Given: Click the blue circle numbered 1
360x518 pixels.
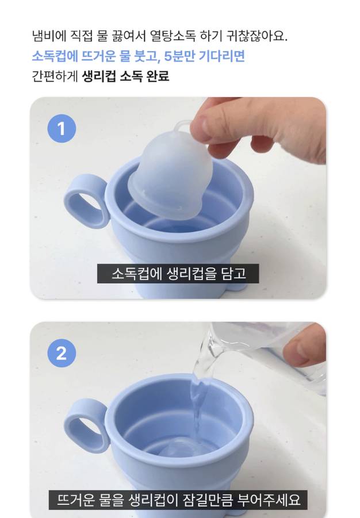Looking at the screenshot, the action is point(62,129).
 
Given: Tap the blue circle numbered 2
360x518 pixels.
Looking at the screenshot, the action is point(62,353).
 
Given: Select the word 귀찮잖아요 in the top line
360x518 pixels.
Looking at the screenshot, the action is point(257,36).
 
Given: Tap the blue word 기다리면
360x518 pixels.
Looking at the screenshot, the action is point(222,56).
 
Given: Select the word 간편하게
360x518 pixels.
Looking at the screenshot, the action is point(55,76).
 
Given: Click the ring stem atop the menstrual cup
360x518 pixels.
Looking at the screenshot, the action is point(182,127).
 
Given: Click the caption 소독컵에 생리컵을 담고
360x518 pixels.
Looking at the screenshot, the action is point(178,274).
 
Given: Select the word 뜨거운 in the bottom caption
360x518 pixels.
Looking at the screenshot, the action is point(76,500).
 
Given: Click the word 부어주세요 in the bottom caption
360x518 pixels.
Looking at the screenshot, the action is point(269,500).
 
